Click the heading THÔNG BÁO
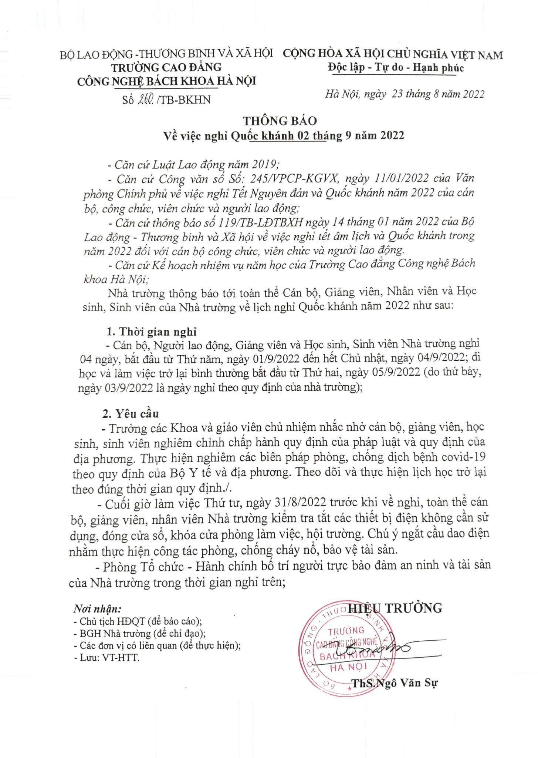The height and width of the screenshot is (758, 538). pyautogui.click(x=280, y=121)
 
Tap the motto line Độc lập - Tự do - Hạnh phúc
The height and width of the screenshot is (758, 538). pyautogui.click(x=395, y=68)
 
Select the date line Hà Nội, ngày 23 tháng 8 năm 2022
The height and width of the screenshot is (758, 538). pyautogui.click(x=405, y=94)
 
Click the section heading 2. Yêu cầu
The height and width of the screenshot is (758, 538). pyautogui.click(x=131, y=413)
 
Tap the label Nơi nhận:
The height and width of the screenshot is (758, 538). pyautogui.click(x=97, y=608)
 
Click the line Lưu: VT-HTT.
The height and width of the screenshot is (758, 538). pyautogui.click(x=106, y=658)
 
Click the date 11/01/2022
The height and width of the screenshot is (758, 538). pyautogui.click(x=400, y=178)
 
